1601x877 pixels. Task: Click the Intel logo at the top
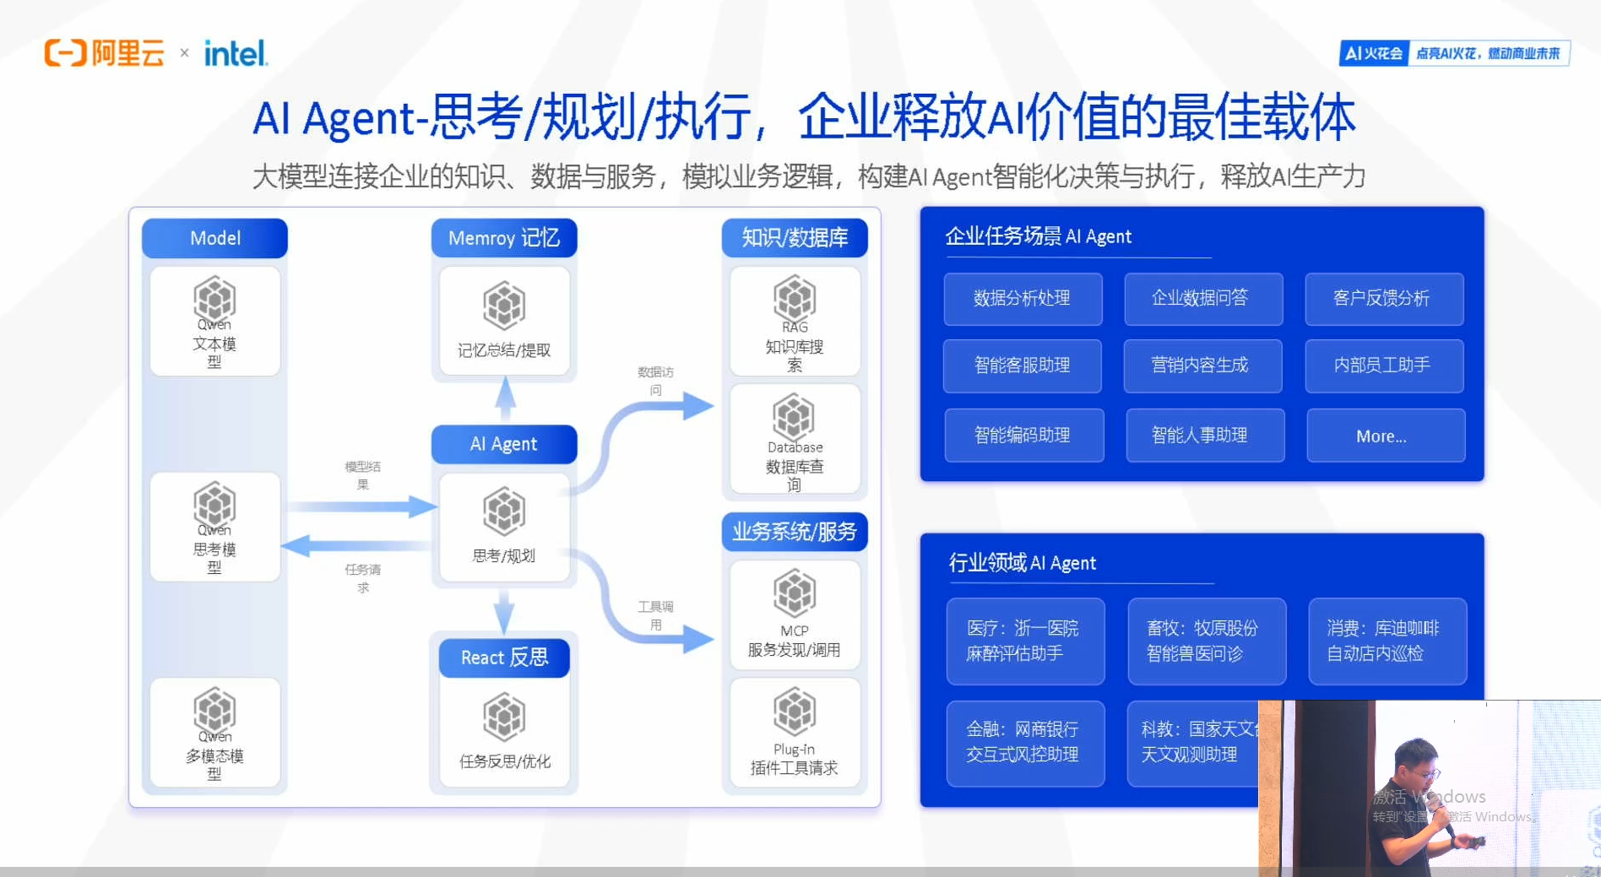pos(236,54)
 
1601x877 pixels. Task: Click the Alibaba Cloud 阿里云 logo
pos(105,53)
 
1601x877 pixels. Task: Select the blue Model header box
pos(214,238)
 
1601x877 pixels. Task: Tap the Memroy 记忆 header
pos(504,238)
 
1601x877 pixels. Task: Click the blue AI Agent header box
pos(504,444)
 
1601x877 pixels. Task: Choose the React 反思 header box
pos(504,658)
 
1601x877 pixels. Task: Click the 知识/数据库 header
pos(795,238)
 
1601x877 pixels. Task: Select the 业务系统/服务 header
pos(795,532)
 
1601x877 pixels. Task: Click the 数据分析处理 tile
pos(1023,299)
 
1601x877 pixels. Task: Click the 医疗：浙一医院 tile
pos(1024,641)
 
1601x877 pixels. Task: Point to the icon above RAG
pos(795,298)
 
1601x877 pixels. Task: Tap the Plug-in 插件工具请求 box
pos(795,734)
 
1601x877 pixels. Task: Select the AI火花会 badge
pos(1374,53)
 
